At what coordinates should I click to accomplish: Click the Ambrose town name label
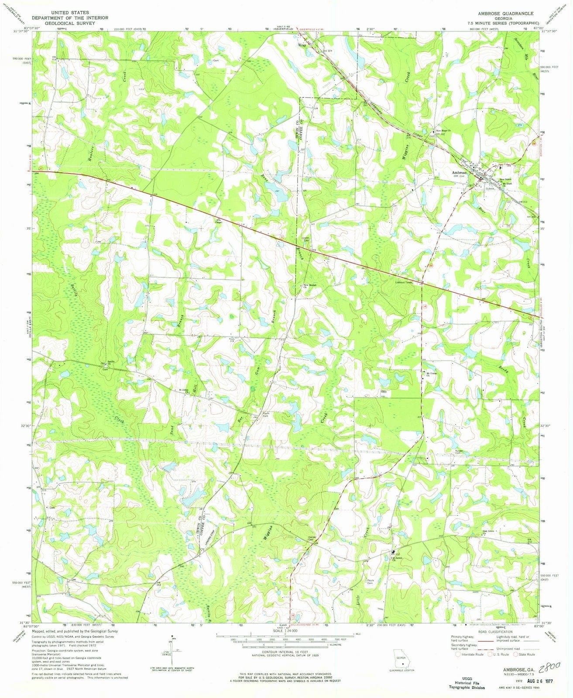click(x=459, y=172)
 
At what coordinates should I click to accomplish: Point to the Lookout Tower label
click(x=404, y=282)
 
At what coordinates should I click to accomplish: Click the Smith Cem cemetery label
click(x=306, y=239)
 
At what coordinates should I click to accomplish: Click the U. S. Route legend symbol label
click(x=501, y=654)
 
